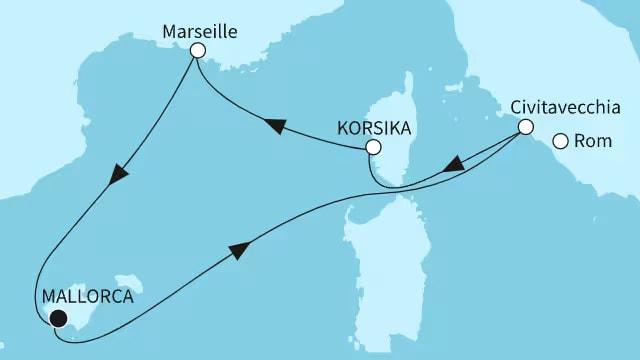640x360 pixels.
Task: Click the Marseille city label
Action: pos(199,31)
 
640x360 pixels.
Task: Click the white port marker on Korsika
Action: pos(373,147)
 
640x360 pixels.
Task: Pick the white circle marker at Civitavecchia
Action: pos(524,127)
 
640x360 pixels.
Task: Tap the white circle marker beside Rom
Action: pos(561,142)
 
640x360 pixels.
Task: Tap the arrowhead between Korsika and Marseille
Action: pos(272,124)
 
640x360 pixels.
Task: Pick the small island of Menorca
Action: pos(128,278)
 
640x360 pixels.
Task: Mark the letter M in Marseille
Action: pos(169,31)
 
